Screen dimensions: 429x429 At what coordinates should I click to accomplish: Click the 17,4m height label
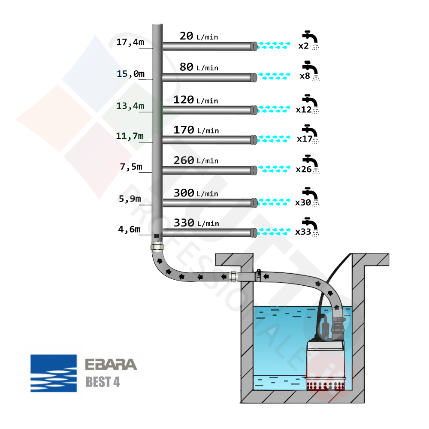point(130,42)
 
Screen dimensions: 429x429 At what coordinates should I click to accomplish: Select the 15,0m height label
point(130,74)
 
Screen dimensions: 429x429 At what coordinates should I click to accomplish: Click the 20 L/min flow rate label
point(199,36)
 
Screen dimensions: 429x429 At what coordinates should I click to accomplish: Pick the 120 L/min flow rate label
point(196,100)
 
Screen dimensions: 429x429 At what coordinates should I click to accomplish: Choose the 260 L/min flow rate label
point(196,161)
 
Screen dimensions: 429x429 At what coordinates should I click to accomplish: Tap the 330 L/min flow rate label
point(196,223)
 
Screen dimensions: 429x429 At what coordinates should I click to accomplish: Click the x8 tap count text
point(305,76)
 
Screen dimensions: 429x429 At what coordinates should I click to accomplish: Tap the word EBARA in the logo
point(111,365)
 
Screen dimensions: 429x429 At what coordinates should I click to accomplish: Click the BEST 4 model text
point(103,382)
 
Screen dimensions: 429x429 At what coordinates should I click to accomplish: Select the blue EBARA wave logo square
point(54,373)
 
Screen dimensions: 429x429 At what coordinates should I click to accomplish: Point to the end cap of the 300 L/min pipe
point(254,202)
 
